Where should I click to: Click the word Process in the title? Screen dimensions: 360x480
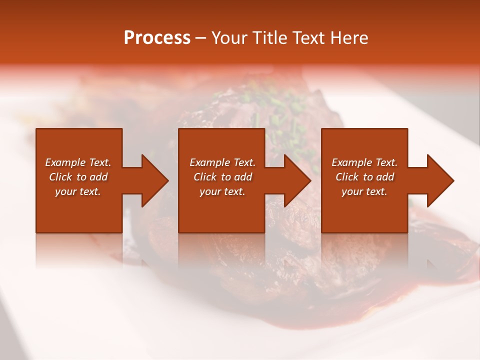(x=157, y=37)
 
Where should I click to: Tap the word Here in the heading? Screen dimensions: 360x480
(x=348, y=37)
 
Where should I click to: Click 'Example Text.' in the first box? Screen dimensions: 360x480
(x=78, y=162)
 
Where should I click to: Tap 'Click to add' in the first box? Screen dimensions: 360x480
(x=78, y=177)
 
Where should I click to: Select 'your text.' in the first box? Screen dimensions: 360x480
(x=78, y=191)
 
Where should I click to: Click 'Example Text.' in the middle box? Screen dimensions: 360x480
(x=222, y=162)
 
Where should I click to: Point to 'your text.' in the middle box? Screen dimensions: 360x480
(x=222, y=191)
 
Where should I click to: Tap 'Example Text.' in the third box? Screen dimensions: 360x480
(x=364, y=162)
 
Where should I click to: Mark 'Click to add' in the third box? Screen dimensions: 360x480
(x=365, y=177)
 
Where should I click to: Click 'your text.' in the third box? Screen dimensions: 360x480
(x=364, y=191)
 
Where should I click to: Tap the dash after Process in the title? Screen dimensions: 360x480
(x=200, y=38)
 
